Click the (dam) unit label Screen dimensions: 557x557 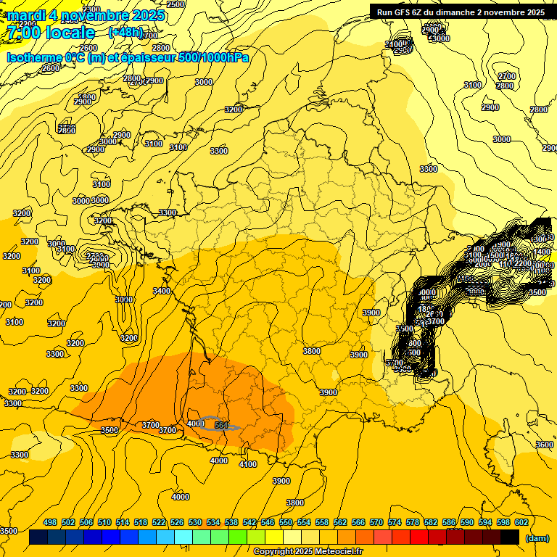coord(537,537)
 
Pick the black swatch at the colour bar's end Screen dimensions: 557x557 coord(510,537)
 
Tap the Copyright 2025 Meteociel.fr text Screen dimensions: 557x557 coord(309,551)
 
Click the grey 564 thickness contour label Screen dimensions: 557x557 coord(221,425)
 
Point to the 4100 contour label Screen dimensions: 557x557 coord(247,464)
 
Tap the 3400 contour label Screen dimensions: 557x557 coord(161,291)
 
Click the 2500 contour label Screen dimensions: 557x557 coord(176,4)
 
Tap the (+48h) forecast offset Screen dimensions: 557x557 coord(125,33)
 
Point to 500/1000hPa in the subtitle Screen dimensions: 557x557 coord(214,57)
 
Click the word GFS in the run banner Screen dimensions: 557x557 coord(410,12)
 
